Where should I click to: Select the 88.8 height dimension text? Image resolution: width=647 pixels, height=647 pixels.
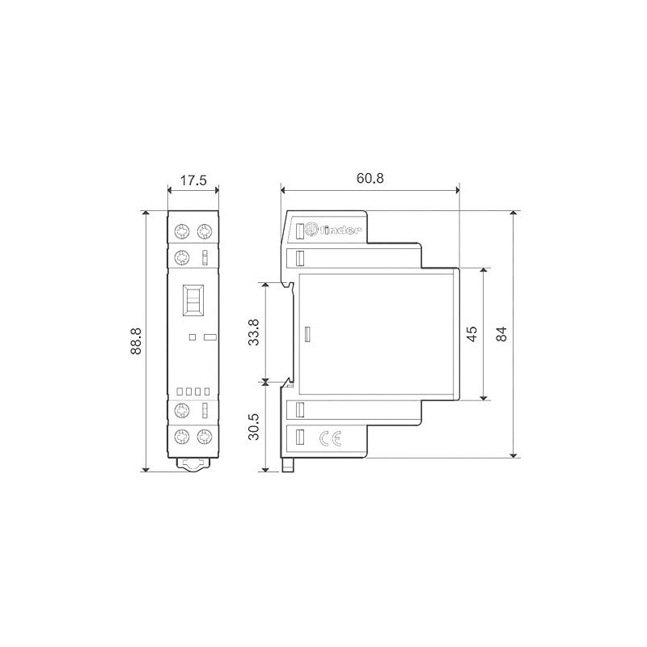137,340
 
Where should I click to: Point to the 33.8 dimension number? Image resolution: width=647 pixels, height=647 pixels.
254,332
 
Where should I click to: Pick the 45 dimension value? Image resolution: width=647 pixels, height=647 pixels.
472,334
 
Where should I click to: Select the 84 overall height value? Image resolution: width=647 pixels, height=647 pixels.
502,334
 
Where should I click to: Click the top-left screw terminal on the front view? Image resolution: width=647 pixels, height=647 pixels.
183,231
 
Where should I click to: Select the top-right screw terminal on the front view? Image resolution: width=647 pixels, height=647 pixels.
205,231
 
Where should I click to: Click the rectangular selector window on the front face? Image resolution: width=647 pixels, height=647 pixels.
194,301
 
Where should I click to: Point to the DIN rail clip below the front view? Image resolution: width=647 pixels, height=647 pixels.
194,464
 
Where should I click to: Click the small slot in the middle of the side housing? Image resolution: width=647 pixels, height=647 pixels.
307,334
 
